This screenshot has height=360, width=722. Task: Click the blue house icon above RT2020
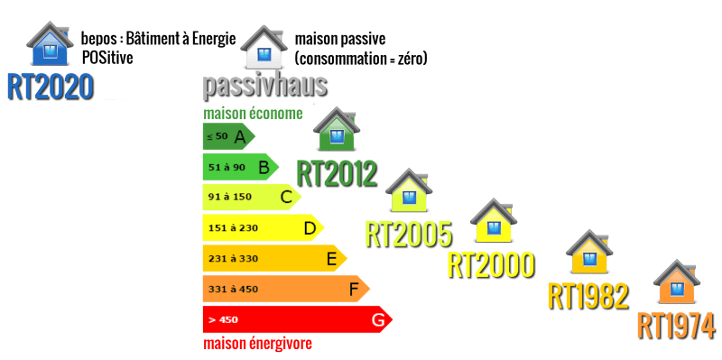click(x=51, y=44)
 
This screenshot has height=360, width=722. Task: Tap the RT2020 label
click(x=51, y=86)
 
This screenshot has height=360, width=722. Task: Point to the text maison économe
click(x=252, y=114)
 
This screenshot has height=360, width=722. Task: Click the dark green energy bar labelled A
click(x=228, y=136)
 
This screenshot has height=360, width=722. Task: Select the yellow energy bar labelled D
click(x=262, y=228)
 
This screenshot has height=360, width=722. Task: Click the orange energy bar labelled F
click(x=285, y=290)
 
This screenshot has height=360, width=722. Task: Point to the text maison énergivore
click(x=257, y=344)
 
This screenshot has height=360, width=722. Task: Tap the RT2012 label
click(x=337, y=172)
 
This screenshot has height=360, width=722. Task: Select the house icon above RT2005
click(x=409, y=190)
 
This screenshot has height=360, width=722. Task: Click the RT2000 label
click(x=492, y=264)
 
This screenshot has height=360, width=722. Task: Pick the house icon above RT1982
click(x=588, y=255)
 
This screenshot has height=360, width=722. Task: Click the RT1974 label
click(x=676, y=325)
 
